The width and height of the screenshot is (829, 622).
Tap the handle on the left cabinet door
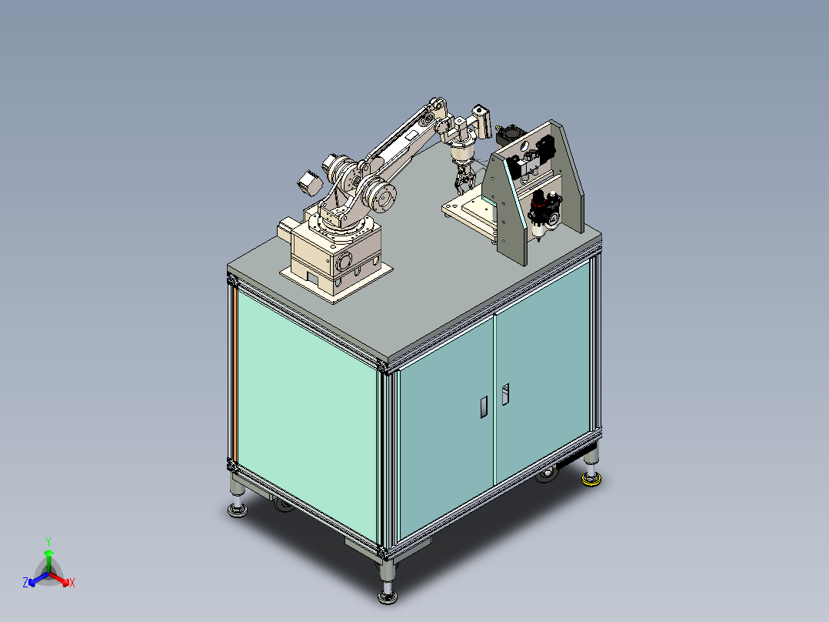tap(483, 406)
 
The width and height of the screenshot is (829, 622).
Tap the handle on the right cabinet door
tap(505, 394)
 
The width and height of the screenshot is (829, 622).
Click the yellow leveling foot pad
tap(591, 482)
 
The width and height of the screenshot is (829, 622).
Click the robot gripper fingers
tap(464, 182)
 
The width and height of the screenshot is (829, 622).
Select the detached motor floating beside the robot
tap(308, 183)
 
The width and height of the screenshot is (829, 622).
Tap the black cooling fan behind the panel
tap(508, 135)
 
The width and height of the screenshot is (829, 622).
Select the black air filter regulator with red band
tap(543, 212)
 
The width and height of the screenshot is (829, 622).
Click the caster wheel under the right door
tap(547, 475)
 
